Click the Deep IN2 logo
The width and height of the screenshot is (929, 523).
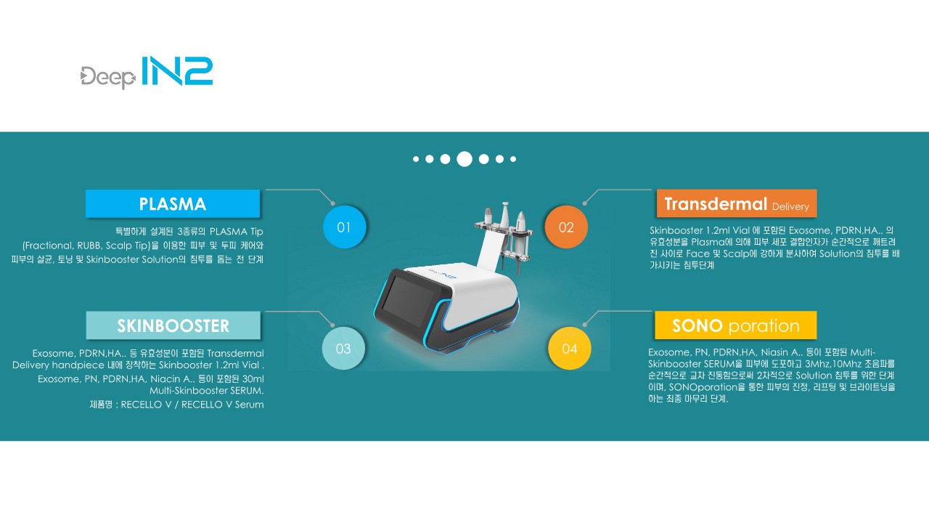[147, 72]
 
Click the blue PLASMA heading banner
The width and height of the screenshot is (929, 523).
[173, 204]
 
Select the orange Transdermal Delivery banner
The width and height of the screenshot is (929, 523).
[737, 203]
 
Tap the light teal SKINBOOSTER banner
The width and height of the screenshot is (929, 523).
[173, 325]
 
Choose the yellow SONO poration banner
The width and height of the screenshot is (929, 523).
[736, 325]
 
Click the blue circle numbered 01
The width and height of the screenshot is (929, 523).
[344, 227]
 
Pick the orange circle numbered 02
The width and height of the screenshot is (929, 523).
[566, 227]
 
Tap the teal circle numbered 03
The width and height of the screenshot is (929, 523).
[343, 348]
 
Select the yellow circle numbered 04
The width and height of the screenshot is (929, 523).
[570, 348]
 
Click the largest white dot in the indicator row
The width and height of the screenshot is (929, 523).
[464, 159]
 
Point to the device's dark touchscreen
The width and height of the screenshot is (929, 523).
[408, 301]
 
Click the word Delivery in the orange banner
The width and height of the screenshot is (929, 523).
[790, 206]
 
